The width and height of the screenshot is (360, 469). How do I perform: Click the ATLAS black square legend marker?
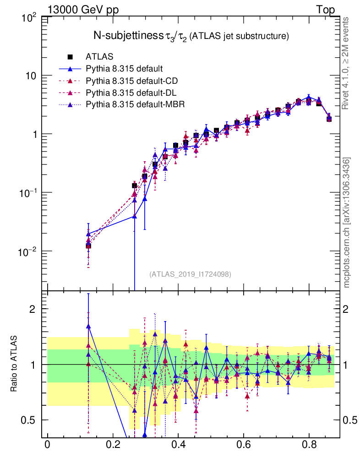click(71, 57)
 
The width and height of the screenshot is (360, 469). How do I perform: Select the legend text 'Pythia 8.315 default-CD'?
click(131, 81)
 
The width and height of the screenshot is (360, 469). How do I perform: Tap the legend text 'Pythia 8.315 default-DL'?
click(131, 93)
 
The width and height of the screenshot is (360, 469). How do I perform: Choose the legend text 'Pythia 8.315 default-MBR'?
click(135, 104)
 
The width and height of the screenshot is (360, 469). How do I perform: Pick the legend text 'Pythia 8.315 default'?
click(124, 69)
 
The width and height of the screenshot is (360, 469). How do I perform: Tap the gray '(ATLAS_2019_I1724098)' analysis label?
click(190, 274)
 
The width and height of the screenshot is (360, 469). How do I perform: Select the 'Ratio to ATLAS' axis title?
click(15, 365)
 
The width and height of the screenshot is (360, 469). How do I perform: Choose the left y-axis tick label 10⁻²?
click(30, 251)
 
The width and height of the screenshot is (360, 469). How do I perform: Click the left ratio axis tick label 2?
click(36, 309)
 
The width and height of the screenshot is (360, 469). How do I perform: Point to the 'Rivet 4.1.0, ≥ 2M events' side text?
click(346, 64)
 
